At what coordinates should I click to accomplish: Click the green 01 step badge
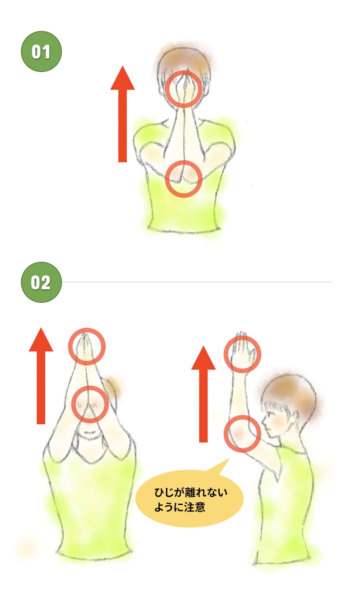pyautogui.click(x=41, y=51)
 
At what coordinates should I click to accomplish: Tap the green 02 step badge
pyautogui.click(x=41, y=282)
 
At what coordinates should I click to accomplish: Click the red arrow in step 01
pyautogui.click(x=123, y=114)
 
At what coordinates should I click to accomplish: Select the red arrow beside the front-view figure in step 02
pyautogui.click(x=41, y=376)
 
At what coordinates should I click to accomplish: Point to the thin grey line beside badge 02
pyautogui.click(x=196, y=282)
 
